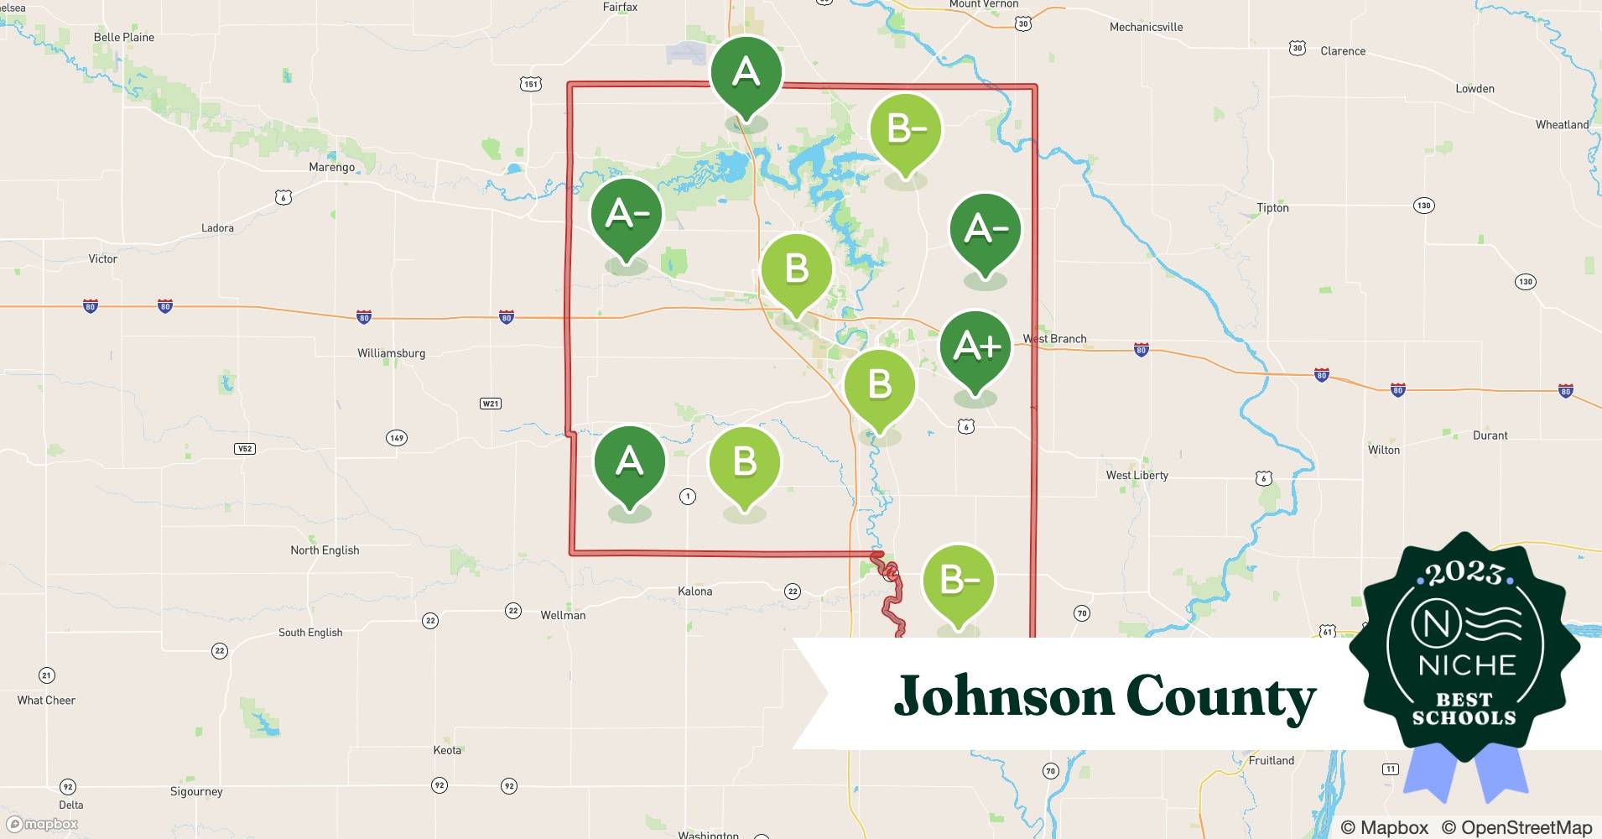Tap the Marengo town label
[x=331, y=167]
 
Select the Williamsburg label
[x=391, y=353]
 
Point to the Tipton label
[x=1272, y=208]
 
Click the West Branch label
[x=1054, y=339]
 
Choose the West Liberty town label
[x=1136, y=475]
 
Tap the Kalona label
[x=694, y=591]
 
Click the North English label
[x=325, y=550]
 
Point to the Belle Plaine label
[x=124, y=37]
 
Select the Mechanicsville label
[x=1146, y=27]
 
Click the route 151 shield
[x=530, y=84]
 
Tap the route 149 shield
[x=396, y=438]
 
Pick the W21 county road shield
[x=491, y=404]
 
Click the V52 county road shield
[x=244, y=449]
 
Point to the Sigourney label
[x=196, y=791]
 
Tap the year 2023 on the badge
[x=1464, y=573]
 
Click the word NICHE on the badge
[x=1467, y=665]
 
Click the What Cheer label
[x=46, y=701]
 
